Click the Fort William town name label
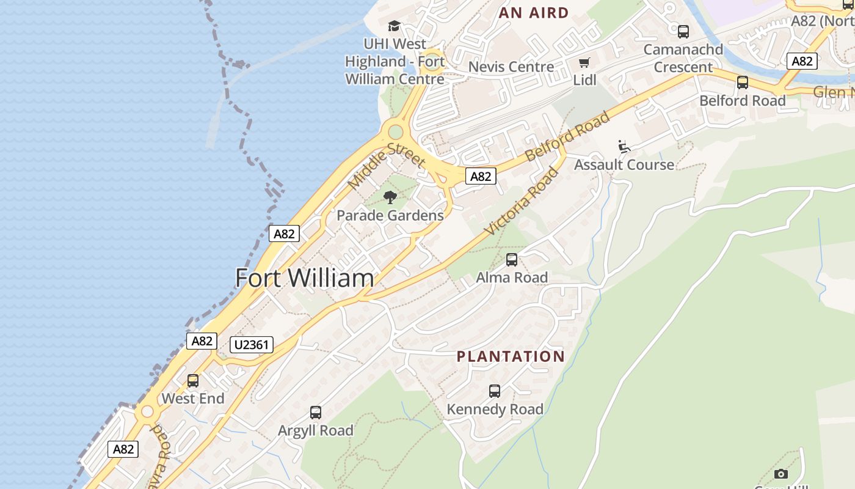coord(304,278)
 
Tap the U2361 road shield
coord(252,345)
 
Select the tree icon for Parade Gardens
coord(390,197)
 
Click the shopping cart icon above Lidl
coord(584,62)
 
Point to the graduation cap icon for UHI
coord(395,26)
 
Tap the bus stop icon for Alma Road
coord(512,260)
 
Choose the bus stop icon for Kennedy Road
coord(495,391)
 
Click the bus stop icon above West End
coord(193,381)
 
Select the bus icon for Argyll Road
coord(316,413)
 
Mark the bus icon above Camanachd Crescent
coord(683,31)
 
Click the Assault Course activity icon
coord(624,147)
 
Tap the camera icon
coord(780,474)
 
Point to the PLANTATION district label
coord(511,356)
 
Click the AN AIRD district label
coord(534,13)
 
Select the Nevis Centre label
coord(511,67)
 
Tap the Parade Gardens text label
coord(390,216)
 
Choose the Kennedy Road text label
coord(495,410)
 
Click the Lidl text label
coord(584,80)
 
